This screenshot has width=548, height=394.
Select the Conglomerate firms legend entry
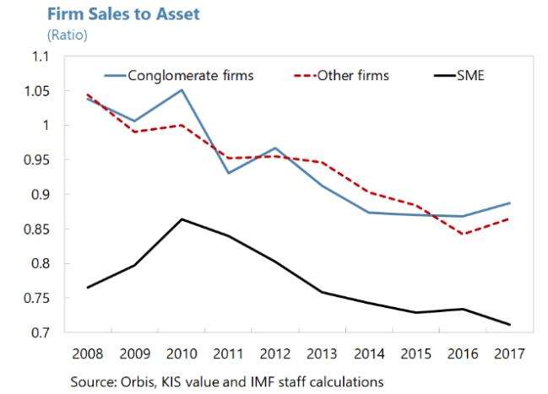point(190,75)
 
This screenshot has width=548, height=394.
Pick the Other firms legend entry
point(352,75)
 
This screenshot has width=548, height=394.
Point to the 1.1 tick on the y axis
point(41,57)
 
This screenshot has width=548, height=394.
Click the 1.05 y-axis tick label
point(36,91)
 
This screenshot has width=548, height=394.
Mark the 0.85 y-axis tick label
point(36,229)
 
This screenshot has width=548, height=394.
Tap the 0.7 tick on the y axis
point(41,333)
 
